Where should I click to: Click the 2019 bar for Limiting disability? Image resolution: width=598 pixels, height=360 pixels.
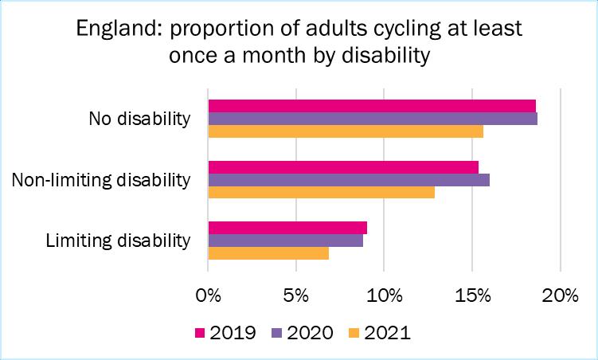point(287,228)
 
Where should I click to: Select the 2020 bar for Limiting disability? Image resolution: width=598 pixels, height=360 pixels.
point(286,241)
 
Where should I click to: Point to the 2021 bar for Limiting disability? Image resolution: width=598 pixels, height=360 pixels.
point(268,253)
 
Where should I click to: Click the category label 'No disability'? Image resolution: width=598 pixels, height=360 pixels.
point(139,119)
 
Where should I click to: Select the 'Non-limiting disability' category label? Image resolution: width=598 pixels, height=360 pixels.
point(101,179)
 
